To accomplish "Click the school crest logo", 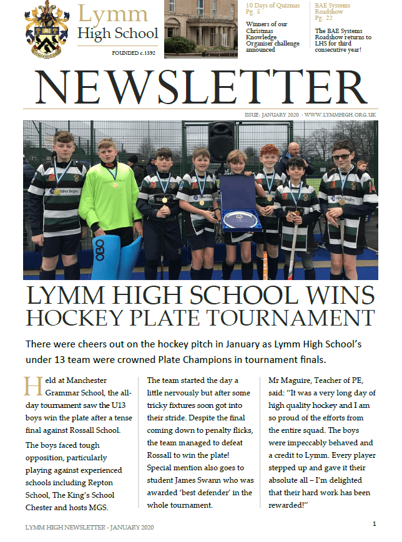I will coord(47,29).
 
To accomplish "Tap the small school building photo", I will coord(194,28).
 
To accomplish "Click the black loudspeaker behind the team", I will coord(221,142).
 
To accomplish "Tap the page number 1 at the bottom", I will coord(374,524).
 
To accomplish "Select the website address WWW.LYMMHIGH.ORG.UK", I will coord(341,115).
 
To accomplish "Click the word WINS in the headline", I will coord(331,294).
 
